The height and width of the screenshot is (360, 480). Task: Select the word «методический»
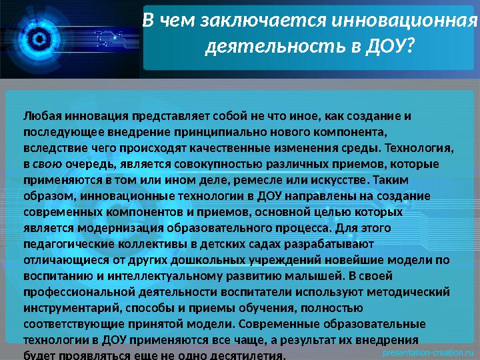pyautogui.click(x=410, y=292)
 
